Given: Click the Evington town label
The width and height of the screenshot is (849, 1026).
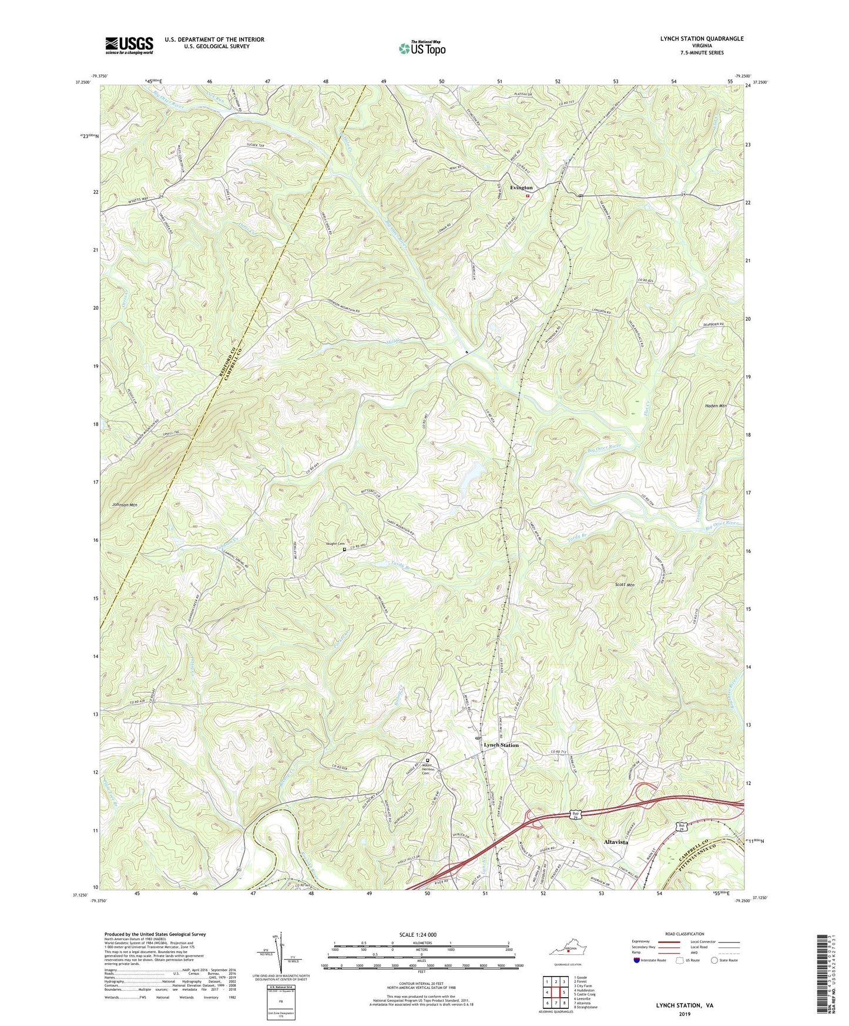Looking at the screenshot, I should pyautogui.click(x=521, y=187).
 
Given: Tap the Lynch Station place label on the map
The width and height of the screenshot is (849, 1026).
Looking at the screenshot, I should pyautogui.click(x=501, y=745).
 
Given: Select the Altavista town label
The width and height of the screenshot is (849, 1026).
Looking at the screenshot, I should pyautogui.click(x=616, y=842).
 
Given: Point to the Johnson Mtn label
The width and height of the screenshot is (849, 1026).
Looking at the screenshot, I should pyautogui.click(x=124, y=505).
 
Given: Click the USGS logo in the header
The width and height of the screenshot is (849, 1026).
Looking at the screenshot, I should pyautogui.click(x=129, y=45).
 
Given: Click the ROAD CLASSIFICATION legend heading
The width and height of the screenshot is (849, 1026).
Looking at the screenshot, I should pyautogui.click(x=684, y=934).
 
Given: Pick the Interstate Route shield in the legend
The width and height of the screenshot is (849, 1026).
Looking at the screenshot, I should pyautogui.click(x=637, y=961).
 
